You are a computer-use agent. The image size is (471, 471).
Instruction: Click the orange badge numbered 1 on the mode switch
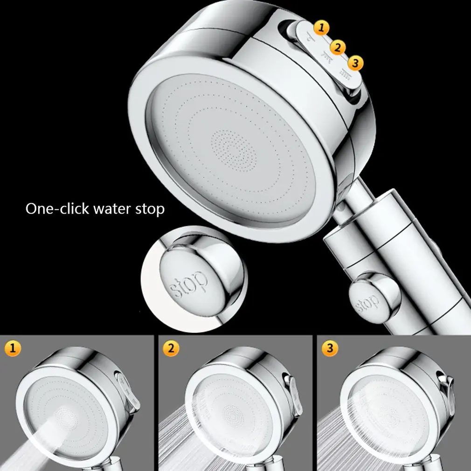(321, 28)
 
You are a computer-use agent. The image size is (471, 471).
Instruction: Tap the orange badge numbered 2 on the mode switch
(338, 48)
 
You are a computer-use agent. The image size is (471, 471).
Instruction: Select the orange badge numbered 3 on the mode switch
(355, 63)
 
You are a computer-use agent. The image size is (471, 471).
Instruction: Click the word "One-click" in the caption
(57, 208)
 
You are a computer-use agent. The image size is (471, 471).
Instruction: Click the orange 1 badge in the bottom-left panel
(13, 348)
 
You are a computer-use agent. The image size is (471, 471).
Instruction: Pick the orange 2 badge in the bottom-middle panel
(171, 348)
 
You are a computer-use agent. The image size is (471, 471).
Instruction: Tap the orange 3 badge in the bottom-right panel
(330, 348)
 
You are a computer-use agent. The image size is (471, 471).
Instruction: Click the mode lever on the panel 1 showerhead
(128, 390)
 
